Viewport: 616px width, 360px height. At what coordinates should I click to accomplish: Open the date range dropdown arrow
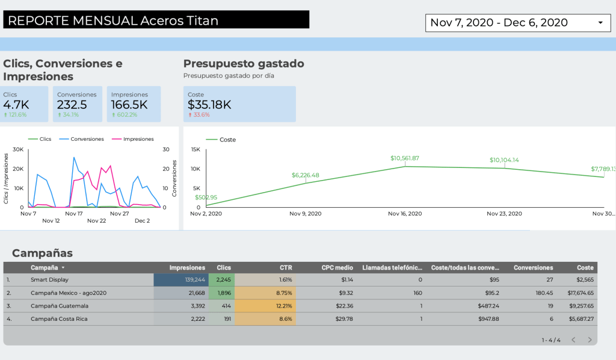(600, 23)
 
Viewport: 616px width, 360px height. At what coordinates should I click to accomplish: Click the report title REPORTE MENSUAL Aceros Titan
(113, 20)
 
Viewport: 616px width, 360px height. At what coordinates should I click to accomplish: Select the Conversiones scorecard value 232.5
(72, 105)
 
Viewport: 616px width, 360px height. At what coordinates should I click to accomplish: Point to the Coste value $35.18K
(209, 105)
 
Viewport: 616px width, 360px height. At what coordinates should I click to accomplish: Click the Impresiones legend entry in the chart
(138, 139)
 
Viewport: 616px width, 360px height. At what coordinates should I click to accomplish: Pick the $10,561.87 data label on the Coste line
(404, 158)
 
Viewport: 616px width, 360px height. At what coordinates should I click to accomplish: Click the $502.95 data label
(206, 197)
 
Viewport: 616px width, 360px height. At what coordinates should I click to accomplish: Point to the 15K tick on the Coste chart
(196, 150)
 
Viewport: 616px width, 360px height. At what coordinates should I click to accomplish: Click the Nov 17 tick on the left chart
(73, 214)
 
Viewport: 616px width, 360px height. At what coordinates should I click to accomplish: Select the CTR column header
(286, 267)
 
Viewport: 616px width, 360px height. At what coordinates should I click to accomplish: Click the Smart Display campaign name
(49, 280)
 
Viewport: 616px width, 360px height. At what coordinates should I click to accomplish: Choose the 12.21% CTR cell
(283, 306)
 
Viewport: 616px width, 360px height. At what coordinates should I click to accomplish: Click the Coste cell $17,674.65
(577, 293)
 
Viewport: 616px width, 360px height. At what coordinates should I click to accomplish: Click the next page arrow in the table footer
(590, 340)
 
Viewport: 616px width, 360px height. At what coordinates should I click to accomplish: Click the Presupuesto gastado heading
(244, 64)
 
